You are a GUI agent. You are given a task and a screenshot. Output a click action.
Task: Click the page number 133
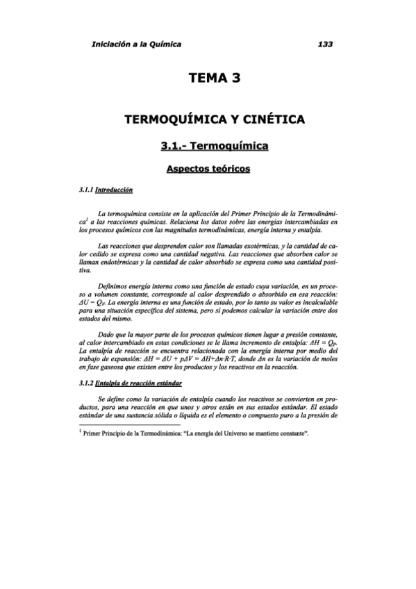tap(324, 44)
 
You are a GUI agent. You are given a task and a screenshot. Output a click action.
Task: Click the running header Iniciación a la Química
tap(136, 44)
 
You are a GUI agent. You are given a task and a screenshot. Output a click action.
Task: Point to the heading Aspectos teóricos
tap(208, 169)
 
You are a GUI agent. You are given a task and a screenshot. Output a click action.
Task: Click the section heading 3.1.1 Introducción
tap(106, 190)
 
